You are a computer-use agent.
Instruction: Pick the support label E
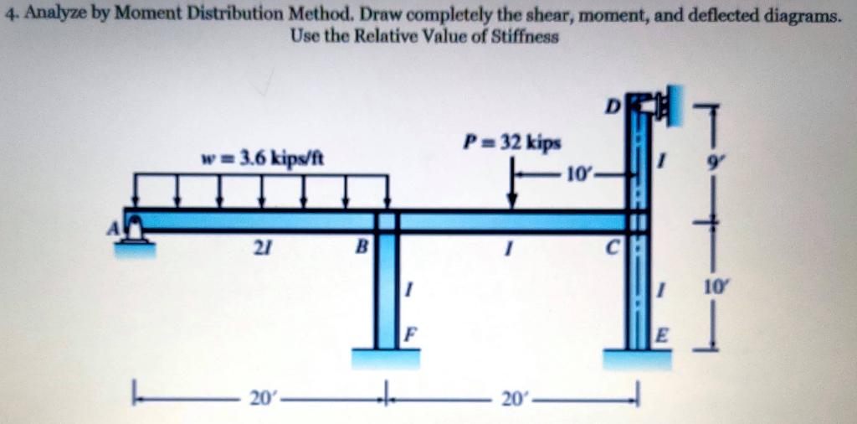point(662,338)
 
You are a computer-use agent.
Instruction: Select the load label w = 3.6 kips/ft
point(263,158)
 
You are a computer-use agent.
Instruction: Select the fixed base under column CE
point(639,359)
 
